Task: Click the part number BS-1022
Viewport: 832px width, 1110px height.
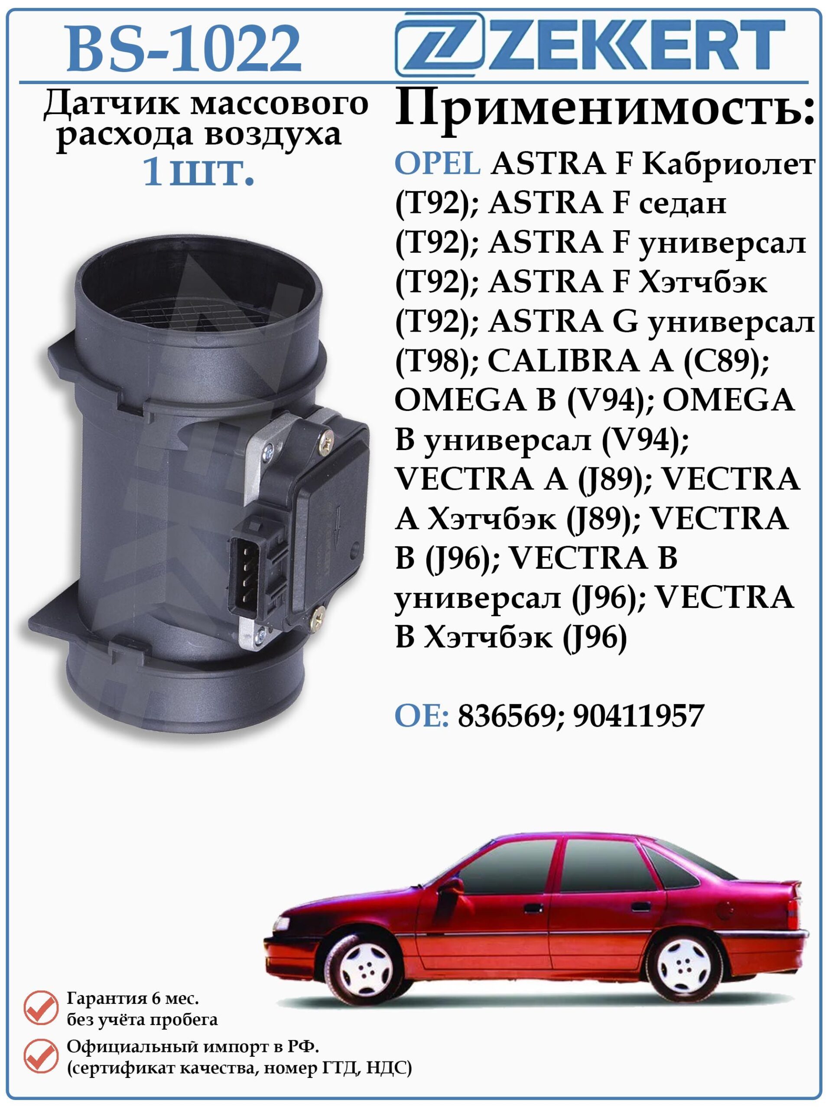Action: (184, 49)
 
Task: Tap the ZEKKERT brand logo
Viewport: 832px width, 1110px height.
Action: (590, 45)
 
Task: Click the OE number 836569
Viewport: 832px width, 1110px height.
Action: (510, 716)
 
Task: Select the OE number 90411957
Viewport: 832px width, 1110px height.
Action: (638, 716)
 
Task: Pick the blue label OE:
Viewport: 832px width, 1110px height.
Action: (422, 716)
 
